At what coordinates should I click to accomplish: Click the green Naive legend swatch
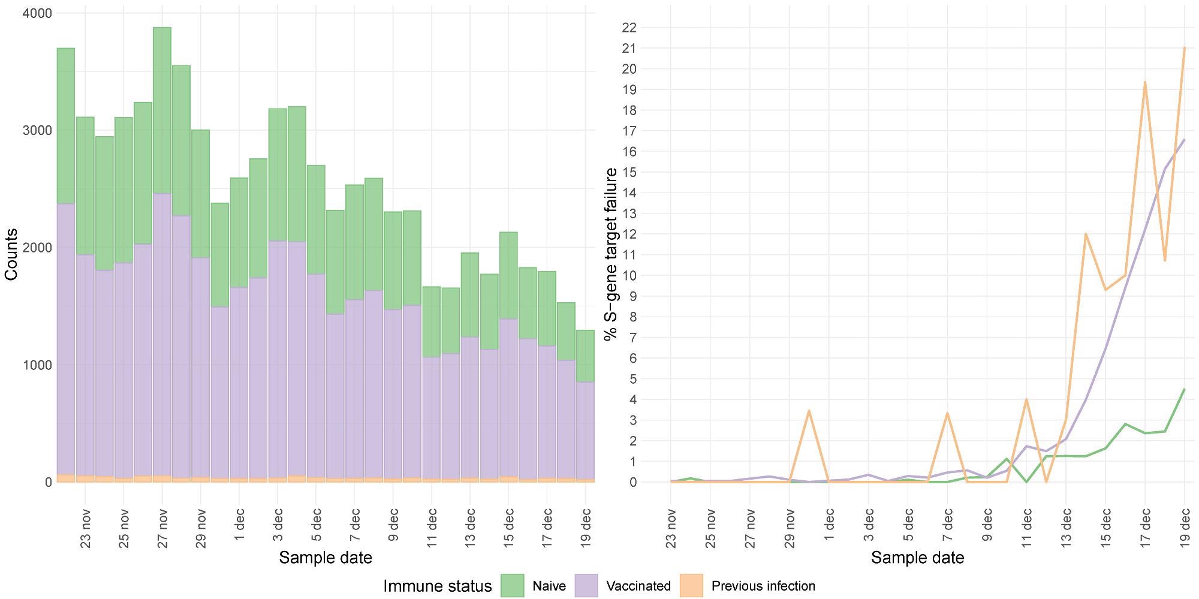pyautogui.click(x=513, y=586)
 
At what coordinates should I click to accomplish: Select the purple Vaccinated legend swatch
pyautogui.click(x=586, y=586)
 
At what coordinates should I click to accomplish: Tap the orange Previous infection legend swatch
pyautogui.click(x=691, y=586)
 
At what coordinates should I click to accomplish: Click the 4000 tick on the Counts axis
pyautogui.click(x=37, y=13)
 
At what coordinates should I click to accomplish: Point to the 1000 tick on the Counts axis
pyautogui.click(x=37, y=365)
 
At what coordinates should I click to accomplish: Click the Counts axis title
pyautogui.click(x=11, y=254)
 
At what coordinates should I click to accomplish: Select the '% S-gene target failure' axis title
pyautogui.click(x=611, y=254)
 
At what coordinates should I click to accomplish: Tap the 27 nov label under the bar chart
pyautogui.click(x=162, y=528)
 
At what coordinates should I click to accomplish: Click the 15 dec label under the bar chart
pyautogui.click(x=508, y=528)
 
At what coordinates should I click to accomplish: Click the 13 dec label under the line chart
pyautogui.click(x=1066, y=528)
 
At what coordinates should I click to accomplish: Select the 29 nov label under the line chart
pyautogui.click(x=790, y=528)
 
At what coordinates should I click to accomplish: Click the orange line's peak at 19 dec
pyautogui.click(x=1185, y=48)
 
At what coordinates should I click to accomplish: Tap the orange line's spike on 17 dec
pyautogui.click(x=1145, y=82)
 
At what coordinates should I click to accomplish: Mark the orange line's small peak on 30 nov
pyautogui.click(x=809, y=411)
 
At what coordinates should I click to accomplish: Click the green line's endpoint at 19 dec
pyautogui.click(x=1185, y=390)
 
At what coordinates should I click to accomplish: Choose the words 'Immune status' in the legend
pyautogui.click(x=437, y=586)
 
